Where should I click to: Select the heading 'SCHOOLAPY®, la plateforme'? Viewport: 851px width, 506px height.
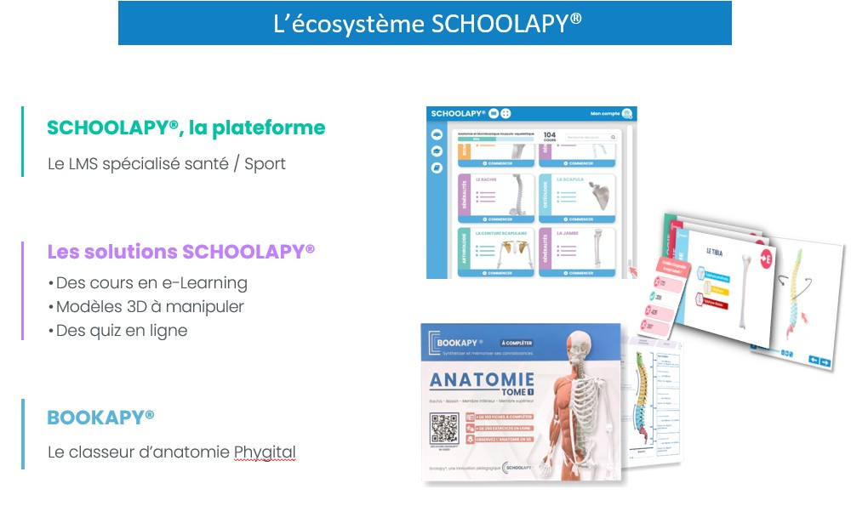(186, 128)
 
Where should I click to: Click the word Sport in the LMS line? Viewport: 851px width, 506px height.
(265, 163)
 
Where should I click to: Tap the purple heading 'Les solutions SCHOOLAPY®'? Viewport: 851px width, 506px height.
(181, 252)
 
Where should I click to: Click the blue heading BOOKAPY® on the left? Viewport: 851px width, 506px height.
(100, 418)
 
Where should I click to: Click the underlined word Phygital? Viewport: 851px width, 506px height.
(265, 452)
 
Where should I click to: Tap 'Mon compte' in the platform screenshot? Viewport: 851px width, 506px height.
(605, 114)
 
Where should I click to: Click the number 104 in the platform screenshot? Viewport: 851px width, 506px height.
(550, 134)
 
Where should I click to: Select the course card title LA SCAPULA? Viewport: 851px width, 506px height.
(571, 180)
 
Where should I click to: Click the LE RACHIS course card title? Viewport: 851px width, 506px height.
(486, 180)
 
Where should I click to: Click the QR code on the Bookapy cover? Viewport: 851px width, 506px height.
(444, 428)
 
